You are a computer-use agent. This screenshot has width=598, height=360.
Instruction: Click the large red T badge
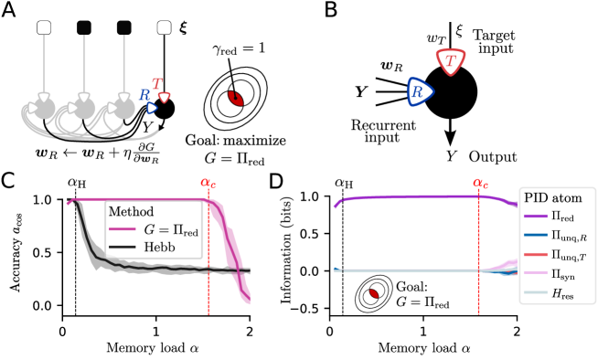[x=450, y=61]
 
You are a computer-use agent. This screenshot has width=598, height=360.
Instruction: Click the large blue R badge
[x=419, y=91]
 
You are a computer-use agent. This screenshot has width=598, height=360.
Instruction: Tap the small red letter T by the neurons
[x=156, y=83]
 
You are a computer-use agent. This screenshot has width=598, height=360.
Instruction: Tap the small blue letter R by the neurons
[x=144, y=94]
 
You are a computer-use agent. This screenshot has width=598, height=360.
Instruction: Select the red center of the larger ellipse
[x=235, y=98]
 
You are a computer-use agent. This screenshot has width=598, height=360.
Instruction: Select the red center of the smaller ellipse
[x=373, y=294]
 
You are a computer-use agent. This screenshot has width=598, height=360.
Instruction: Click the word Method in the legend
[x=131, y=212]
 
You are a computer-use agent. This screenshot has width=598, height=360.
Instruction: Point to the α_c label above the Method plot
[x=208, y=183]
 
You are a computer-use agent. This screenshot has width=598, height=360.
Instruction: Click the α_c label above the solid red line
[x=480, y=183]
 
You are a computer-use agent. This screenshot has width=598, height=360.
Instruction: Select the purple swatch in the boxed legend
[x=535, y=217]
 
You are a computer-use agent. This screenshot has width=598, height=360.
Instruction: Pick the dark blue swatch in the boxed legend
[x=535, y=236]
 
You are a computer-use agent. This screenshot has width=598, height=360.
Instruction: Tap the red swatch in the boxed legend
[x=535, y=255]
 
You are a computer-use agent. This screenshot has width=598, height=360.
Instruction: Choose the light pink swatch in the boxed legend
[x=535, y=273]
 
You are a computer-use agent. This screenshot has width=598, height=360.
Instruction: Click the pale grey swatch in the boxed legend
[x=535, y=292]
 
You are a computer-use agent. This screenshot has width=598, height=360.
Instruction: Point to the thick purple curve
[x=411, y=196]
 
